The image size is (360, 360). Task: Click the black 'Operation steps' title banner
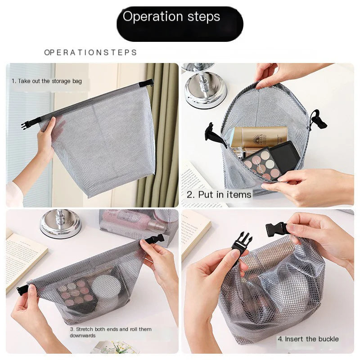pyautogui.click(x=180, y=24)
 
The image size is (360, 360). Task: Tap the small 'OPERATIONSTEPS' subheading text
pyautogui.click(x=90, y=53)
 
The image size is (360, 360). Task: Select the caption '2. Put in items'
pyautogui.click(x=219, y=194)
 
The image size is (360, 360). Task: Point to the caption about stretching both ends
pyautogui.click(x=110, y=332)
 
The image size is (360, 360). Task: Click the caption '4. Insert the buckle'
pyautogui.click(x=308, y=339)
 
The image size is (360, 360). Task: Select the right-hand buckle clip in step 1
pyautogui.click(x=147, y=83)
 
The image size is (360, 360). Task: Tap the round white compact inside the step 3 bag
pyautogui.click(x=106, y=287)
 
